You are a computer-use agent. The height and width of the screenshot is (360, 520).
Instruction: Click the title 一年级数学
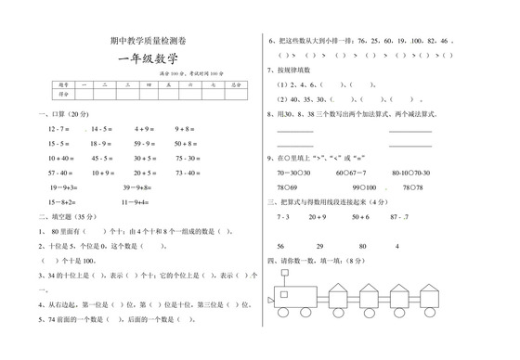point(148,61)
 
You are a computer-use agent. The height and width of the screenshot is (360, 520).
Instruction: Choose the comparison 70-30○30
point(294,173)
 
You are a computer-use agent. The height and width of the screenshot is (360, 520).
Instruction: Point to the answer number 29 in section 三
point(320,246)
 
